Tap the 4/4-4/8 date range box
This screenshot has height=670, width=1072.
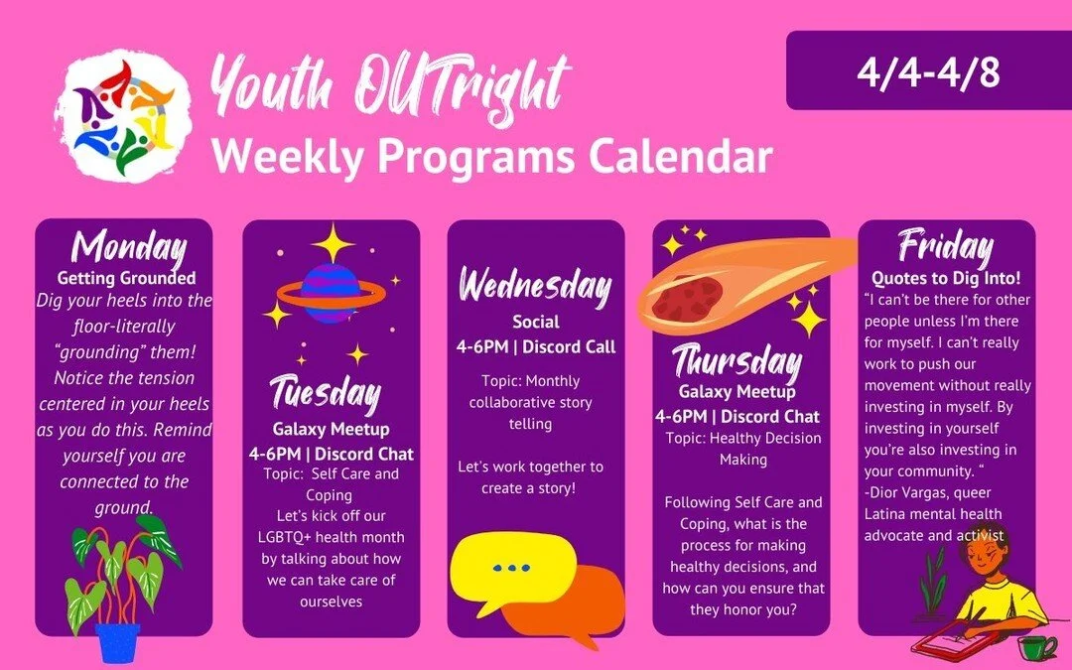928,70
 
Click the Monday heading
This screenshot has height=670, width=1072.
130,246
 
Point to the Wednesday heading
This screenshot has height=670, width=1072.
535,287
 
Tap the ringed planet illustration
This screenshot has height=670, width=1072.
329,292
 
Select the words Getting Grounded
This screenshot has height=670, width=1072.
126,278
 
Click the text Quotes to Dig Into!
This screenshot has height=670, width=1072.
945,278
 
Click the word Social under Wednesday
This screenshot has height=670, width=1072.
536,322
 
